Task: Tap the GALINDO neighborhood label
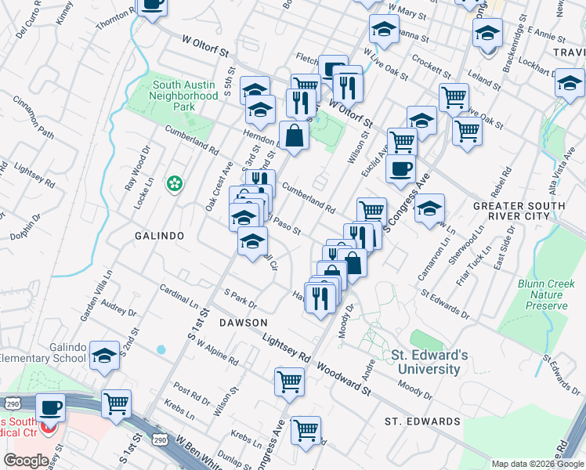[x=158, y=235]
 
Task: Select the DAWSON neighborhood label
[x=243, y=323]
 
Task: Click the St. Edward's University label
[x=429, y=362]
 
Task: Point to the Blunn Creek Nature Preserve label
[x=542, y=295]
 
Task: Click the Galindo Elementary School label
[x=43, y=352]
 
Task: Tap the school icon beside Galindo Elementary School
[x=104, y=356]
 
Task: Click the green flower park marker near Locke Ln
[x=174, y=185]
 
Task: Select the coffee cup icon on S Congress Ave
[x=400, y=169]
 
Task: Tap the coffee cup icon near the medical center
[x=52, y=408]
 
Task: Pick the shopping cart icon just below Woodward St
[x=289, y=382]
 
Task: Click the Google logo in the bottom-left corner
[x=26, y=461]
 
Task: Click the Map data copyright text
[x=537, y=464]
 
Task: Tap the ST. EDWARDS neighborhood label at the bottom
[x=421, y=421]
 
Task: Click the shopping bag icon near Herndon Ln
[x=293, y=136]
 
